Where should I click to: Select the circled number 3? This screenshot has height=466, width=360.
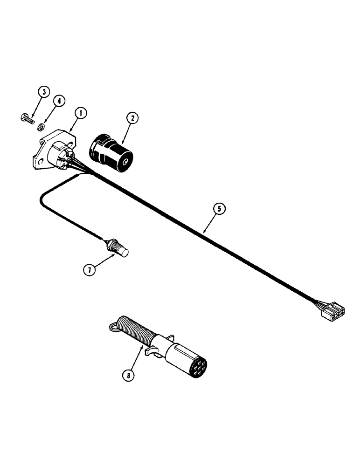pyautogui.click(x=43, y=92)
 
